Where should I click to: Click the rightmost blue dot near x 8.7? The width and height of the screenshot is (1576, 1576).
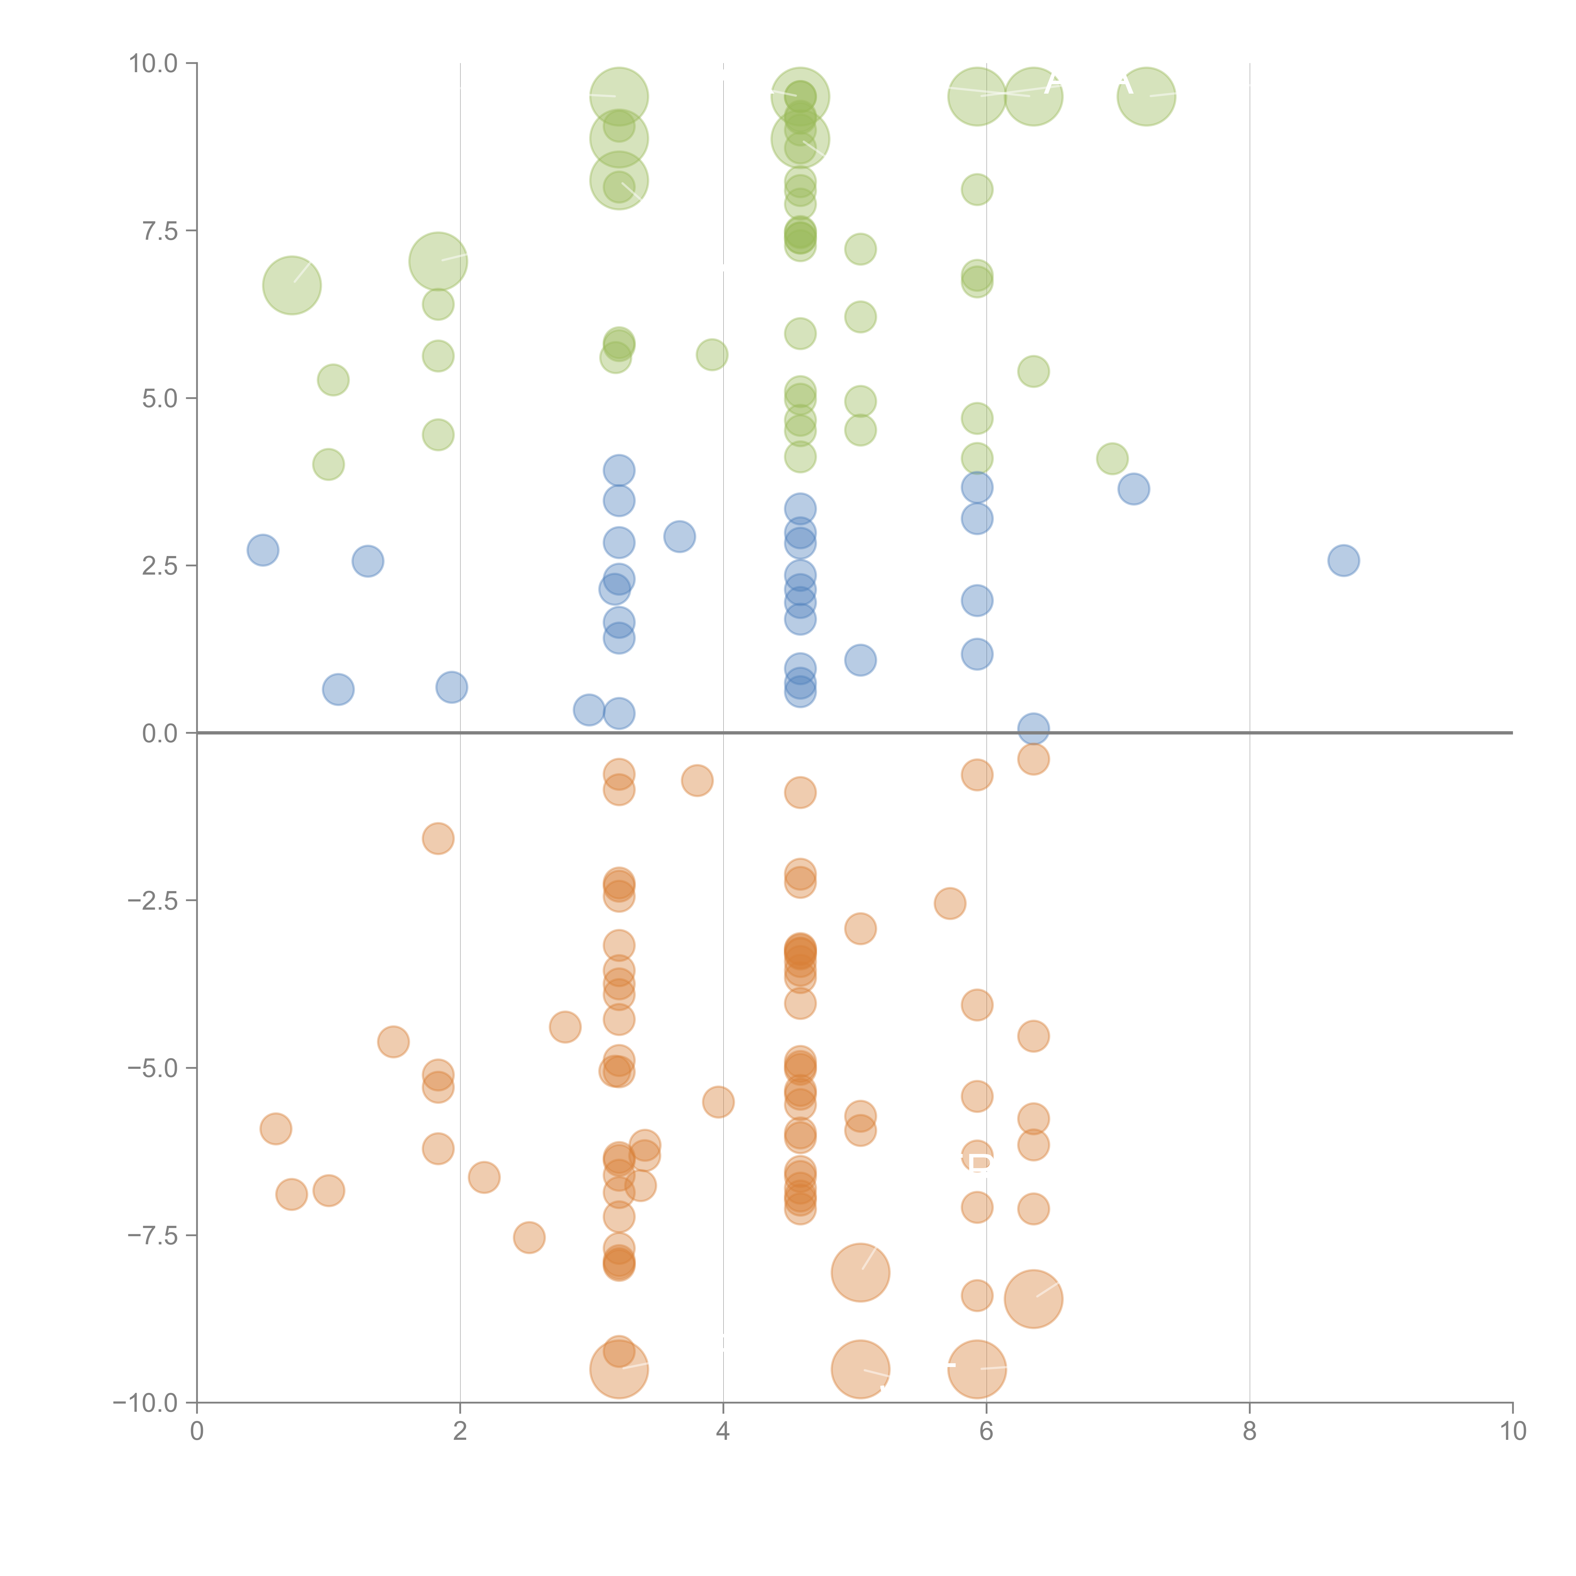point(1343,560)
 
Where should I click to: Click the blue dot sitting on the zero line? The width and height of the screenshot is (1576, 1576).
point(1034,728)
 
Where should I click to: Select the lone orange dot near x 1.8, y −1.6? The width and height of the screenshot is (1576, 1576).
point(438,838)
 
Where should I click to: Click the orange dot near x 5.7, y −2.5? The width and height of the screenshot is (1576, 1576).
point(949,903)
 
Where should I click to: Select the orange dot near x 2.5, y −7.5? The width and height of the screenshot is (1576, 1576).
point(530,1237)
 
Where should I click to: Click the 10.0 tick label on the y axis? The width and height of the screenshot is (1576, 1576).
point(154,64)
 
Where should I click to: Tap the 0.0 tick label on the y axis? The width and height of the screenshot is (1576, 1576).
point(160,733)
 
